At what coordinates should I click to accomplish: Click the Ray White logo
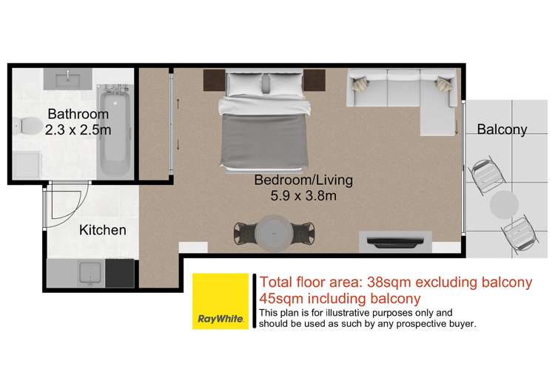(221, 301)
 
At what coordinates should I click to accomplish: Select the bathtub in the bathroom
(115, 131)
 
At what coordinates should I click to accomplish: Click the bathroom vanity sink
(67, 79)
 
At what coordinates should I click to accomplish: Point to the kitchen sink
(90, 273)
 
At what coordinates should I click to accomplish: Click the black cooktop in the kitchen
(120, 273)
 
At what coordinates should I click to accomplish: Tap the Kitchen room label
(103, 230)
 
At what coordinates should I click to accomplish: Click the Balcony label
(502, 129)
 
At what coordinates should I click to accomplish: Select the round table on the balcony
(504, 204)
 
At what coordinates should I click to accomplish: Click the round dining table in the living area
(274, 234)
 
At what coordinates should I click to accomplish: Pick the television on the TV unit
(395, 241)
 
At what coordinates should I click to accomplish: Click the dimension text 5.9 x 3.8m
(303, 196)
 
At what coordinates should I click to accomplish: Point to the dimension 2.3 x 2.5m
(78, 130)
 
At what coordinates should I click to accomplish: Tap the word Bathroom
(78, 114)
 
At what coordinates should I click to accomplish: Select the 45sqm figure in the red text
(281, 299)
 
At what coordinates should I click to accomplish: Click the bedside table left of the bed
(214, 81)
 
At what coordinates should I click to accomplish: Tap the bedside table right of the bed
(314, 81)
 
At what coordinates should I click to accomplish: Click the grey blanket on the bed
(263, 141)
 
